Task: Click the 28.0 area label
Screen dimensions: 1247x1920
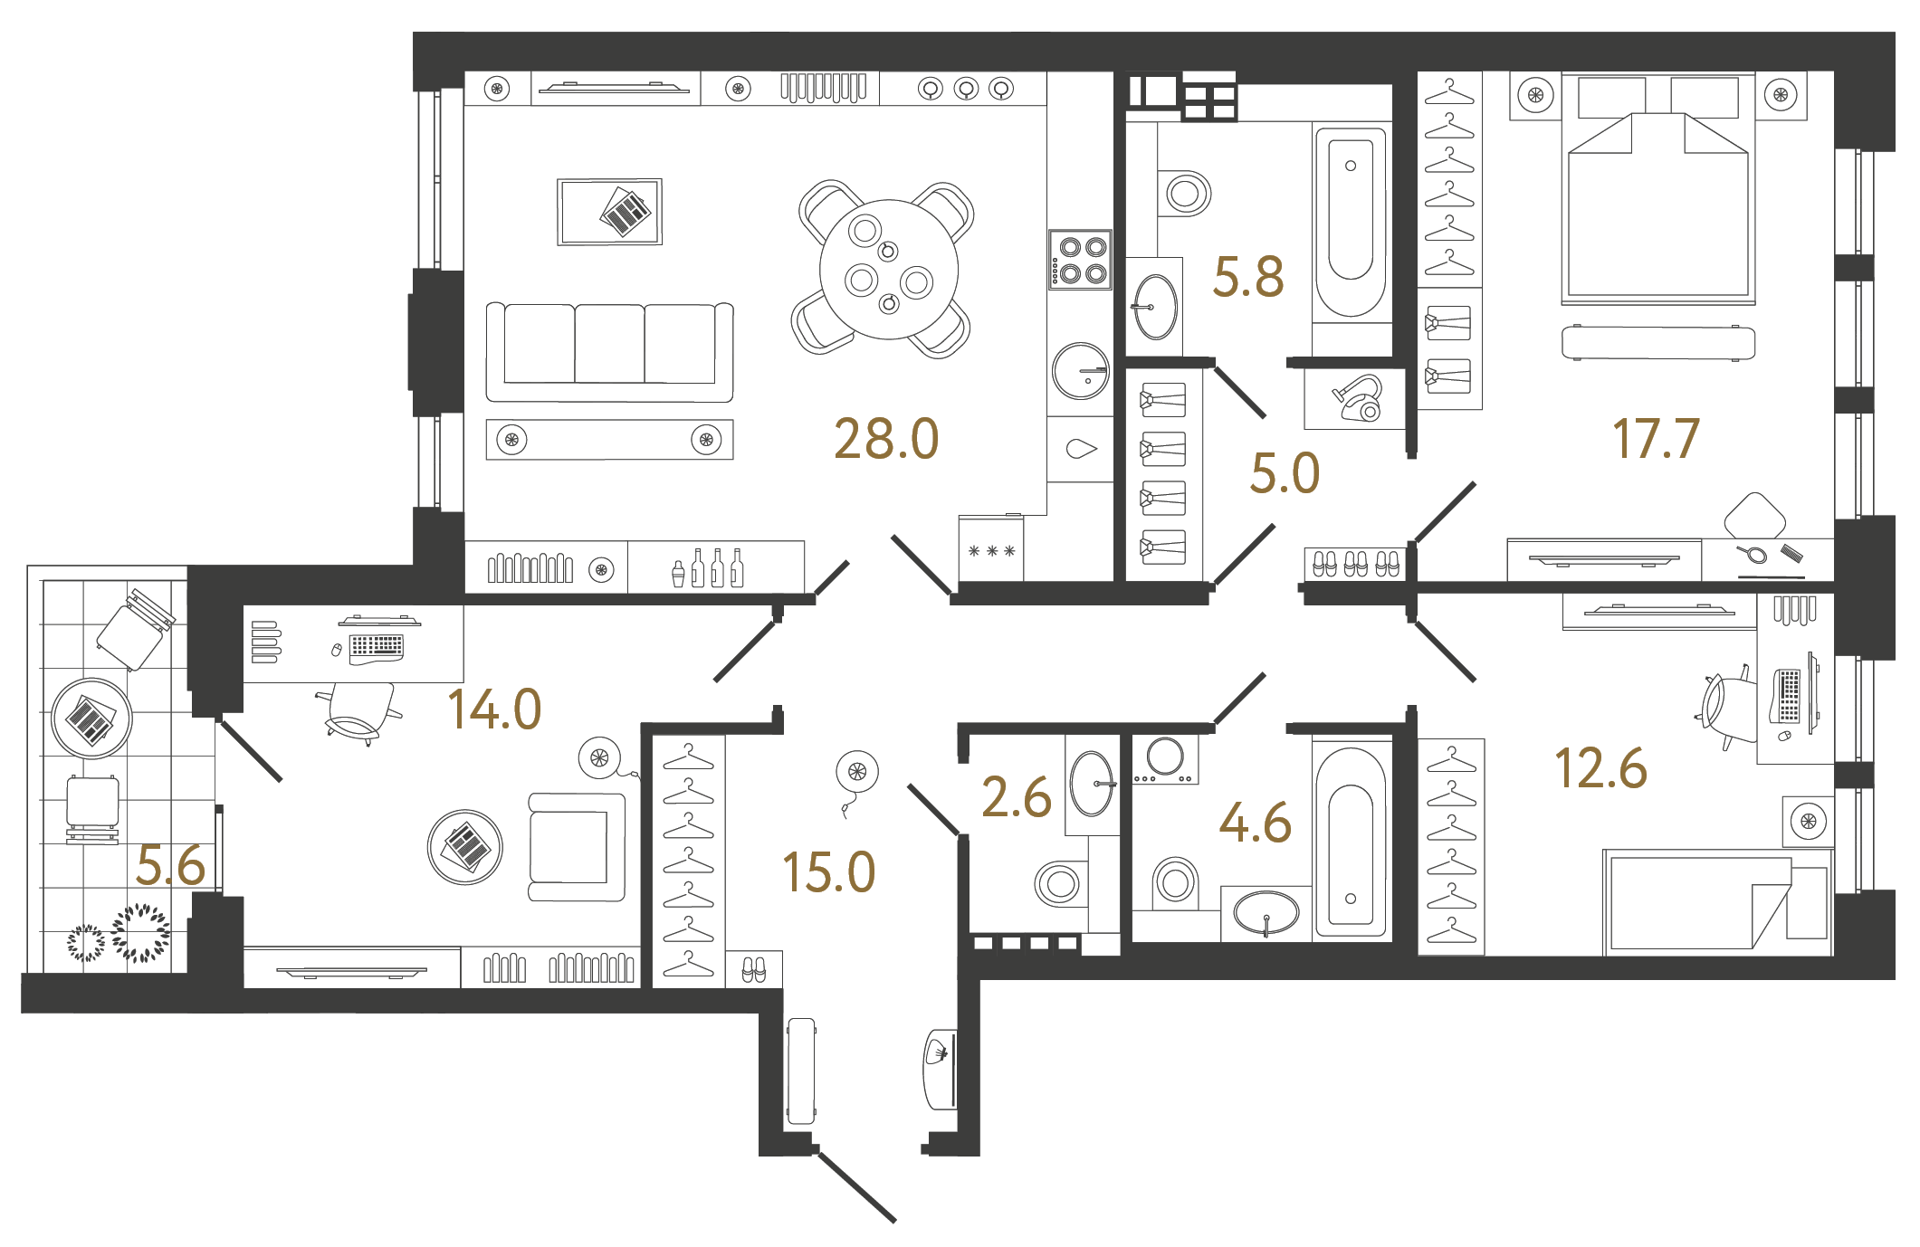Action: point(886,440)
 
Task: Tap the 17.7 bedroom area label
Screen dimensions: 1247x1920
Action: point(1656,440)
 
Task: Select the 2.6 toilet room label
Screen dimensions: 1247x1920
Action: point(1016,798)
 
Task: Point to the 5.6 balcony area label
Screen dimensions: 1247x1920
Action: point(170,866)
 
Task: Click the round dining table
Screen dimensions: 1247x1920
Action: point(888,270)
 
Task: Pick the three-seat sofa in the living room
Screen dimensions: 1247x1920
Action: point(609,352)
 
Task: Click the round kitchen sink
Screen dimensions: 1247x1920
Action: point(1081,371)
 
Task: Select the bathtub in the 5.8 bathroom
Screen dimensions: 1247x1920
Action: point(1351,222)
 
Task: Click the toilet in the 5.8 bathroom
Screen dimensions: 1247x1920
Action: point(1185,193)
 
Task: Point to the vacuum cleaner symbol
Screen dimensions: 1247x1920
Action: point(1357,398)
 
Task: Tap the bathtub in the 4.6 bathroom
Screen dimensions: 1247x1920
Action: point(1350,842)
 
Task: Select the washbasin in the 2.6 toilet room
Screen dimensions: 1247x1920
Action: point(1092,784)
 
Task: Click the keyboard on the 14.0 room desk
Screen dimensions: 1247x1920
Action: point(377,645)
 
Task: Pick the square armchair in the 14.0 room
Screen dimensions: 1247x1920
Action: point(576,847)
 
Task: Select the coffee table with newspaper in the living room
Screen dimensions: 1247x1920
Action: point(609,212)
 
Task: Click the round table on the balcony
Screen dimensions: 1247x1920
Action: point(91,719)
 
